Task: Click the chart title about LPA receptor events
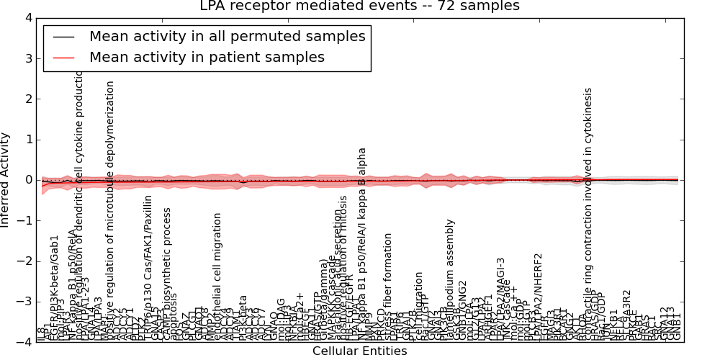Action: point(359,6)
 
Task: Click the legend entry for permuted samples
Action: point(227,36)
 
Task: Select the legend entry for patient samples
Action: point(207,57)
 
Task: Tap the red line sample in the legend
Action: point(63,58)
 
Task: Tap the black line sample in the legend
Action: point(63,37)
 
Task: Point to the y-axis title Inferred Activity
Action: point(6,180)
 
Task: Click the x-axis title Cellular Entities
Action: point(359,351)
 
